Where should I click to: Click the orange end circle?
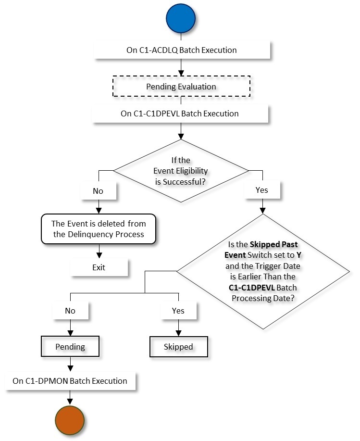tap(70, 418)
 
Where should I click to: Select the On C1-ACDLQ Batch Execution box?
tap(180, 50)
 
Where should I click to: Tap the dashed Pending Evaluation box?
tap(180, 87)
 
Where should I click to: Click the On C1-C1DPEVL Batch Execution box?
tap(180, 114)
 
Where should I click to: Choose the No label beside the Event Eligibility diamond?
tap(98, 190)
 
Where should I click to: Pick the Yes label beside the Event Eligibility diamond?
tap(262, 190)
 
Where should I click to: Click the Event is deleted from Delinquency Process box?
tap(99, 229)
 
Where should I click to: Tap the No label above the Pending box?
tap(70, 310)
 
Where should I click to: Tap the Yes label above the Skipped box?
tap(178, 310)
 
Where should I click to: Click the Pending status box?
tap(70, 346)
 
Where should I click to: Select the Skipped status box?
tap(178, 346)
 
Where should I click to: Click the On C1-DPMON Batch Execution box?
tap(70, 381)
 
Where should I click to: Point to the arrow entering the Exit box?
tap(99, 252)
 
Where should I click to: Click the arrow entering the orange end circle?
tap(70, 397)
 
